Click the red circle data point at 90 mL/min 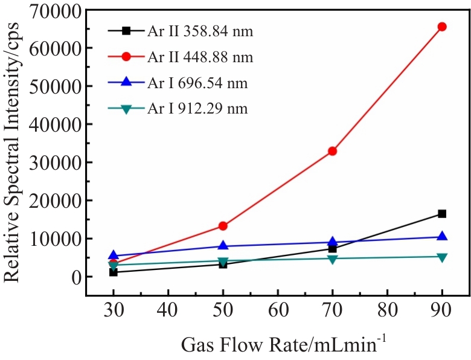point(441,27)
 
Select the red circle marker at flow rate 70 point(332,151)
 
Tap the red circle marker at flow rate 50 point(223,226)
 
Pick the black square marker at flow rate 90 point(441,214)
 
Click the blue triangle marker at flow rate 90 point(441,236)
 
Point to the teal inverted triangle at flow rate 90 point(441,257)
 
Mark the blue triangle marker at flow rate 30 point(113,256)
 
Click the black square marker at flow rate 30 point(113,272)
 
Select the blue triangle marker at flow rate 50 point(223,245)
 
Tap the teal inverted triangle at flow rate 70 point(332,259)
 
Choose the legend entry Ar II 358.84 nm point(199,31)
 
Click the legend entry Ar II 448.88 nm point(199,57)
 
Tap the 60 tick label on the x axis point(277,313)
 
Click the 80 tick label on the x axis point(387,313)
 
